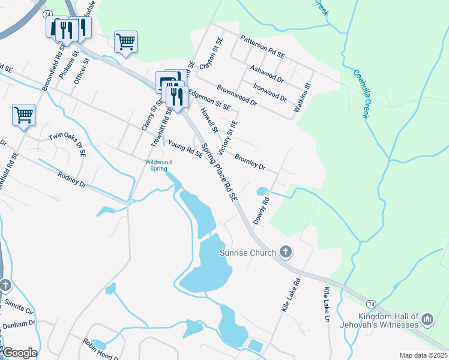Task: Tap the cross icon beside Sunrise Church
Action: click(286, 253)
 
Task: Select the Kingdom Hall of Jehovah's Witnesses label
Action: click(388, 320)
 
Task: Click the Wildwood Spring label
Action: click(158, 166)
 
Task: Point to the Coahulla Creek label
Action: click(364, 94)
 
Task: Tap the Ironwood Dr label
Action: click(270, 91)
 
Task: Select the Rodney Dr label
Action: click(73, 179)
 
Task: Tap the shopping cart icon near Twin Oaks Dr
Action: click(23, 113)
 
